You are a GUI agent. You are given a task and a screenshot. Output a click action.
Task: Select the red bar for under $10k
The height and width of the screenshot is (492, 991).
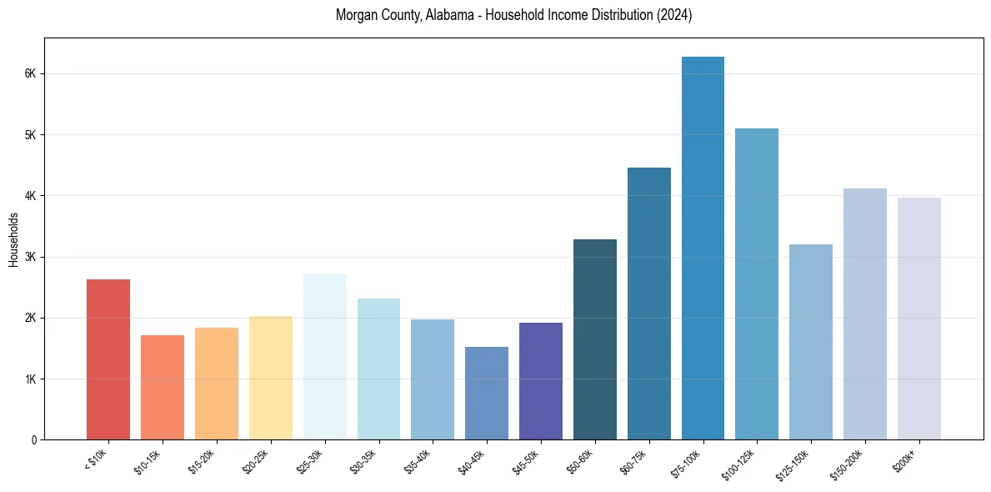(108, 359)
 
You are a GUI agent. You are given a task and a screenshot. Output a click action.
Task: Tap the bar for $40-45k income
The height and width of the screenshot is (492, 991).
(487, 393)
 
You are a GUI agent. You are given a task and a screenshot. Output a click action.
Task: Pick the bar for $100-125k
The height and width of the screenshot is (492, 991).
(757, 284)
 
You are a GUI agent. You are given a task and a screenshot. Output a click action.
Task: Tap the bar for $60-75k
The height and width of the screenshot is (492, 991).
(649, 304)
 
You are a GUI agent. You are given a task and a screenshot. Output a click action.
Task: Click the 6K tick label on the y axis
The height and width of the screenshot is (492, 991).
(31, 73)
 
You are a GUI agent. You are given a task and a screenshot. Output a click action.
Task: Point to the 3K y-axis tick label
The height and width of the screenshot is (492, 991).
(31, 257)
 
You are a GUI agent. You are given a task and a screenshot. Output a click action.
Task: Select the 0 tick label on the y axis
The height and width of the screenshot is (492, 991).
(34, 439)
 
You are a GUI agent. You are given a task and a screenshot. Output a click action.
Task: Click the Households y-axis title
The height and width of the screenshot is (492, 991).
(13, 239)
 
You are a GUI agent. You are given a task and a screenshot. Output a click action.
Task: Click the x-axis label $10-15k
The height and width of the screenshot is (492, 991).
(147, 460)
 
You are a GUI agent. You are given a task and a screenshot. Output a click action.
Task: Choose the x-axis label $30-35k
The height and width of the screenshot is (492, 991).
(363, 460)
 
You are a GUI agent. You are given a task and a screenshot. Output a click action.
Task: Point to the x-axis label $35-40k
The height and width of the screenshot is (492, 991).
(418, 460)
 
